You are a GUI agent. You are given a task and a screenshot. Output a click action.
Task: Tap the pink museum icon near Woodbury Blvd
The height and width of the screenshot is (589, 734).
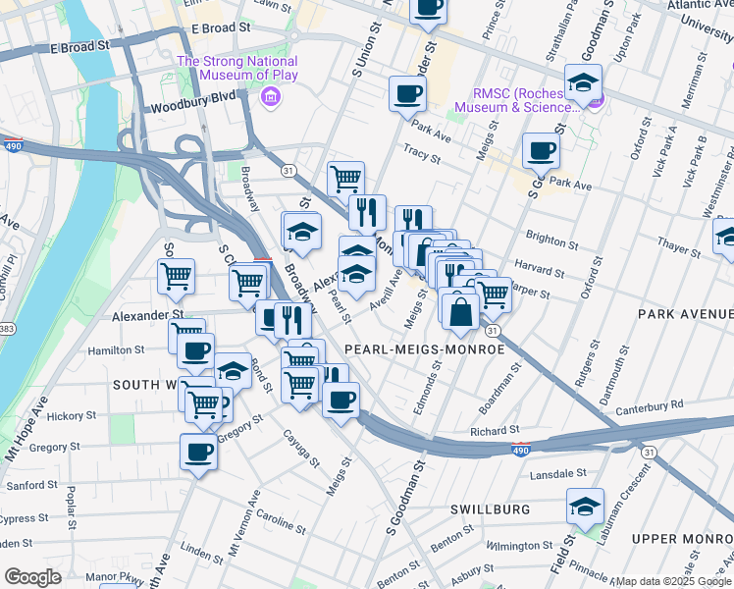[x=269, y=97]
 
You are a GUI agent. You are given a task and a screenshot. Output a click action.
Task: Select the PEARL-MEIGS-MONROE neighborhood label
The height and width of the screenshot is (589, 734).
[x=424, y=349]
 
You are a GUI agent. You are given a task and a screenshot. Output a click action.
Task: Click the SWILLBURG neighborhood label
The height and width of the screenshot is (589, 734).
[x=491, y=509]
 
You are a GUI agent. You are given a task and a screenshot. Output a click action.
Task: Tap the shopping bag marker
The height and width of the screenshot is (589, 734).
[x=459, y=312]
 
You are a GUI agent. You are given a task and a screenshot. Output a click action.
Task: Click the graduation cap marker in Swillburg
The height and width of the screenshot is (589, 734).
[x=585, y=508]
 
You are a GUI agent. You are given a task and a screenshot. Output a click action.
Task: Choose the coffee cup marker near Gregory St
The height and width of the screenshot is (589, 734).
[x=198, y=453]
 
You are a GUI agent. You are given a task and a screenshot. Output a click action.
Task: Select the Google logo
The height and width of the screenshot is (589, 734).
[x=32, y=577]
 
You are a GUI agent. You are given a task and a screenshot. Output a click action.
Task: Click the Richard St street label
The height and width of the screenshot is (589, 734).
[x=494, y=431]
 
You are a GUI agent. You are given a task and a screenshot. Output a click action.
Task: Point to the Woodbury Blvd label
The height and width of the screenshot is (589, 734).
[x=195, y=109]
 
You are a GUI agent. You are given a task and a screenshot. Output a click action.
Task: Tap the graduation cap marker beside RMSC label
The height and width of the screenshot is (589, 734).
[x=583, y=83]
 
